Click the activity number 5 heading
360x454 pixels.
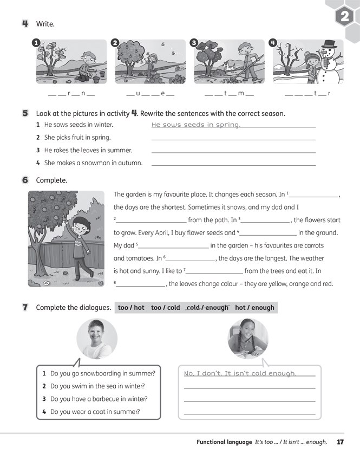pos(25,114)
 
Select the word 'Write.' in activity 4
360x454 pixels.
pos(45,24)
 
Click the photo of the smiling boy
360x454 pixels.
pos(96,339)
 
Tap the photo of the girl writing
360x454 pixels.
pos(248,339)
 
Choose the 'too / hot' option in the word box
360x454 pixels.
pos(131,308)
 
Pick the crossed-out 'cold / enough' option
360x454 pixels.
pos(207,308)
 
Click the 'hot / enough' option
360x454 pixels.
pos(254,308)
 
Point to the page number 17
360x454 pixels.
pos(340,442)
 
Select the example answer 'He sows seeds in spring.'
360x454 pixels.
pos(195,125)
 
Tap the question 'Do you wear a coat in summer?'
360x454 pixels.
pos(95,412)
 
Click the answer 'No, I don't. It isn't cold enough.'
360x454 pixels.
pos(240,373)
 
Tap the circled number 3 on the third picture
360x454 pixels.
pos(195,43)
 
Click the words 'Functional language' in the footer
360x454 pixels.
pos(224,442)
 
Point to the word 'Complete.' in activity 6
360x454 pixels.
pos(51,180)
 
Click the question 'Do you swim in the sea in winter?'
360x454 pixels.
pos(97,386)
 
